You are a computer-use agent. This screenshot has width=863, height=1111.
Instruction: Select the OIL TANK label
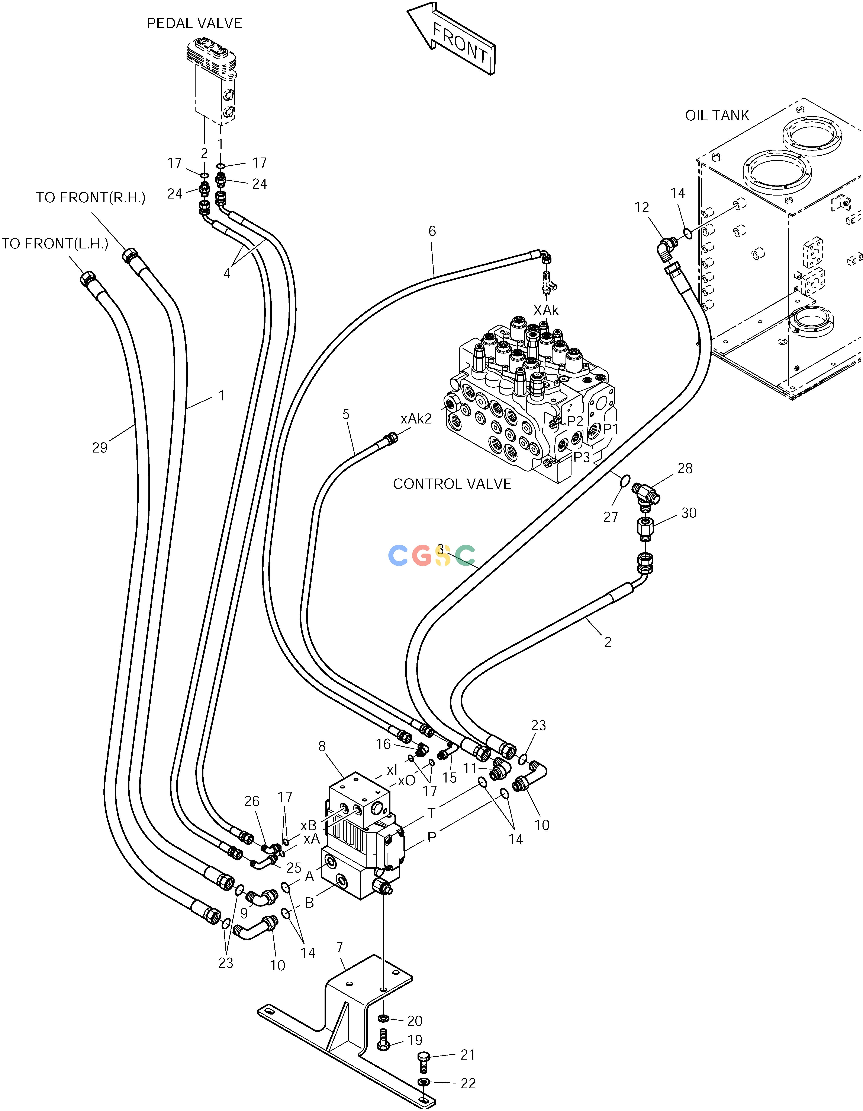coord(717,115)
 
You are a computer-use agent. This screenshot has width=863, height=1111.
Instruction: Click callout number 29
coord(100,448)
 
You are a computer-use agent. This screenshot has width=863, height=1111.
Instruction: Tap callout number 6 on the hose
coord(432,231)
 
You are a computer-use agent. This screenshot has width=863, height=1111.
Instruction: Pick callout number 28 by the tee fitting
coord(685,469)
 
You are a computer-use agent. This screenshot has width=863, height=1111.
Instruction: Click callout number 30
coord(689,513)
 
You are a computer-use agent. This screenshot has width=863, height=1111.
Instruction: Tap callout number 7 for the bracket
coord(339,947)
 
